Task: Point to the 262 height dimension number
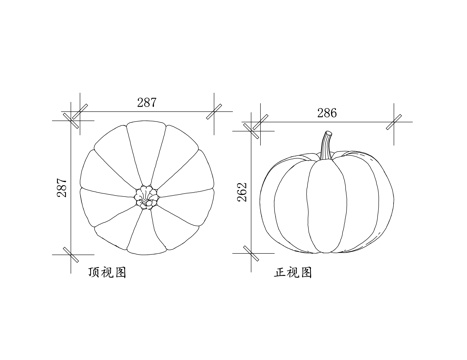[x=243, y=193]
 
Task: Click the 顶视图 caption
[x=107, y=271]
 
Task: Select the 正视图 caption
[x=293, y=271]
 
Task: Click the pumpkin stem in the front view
[x=324, y=146]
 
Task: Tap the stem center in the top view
[x=147, y=196]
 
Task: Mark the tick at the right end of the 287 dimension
[x=212, y=111]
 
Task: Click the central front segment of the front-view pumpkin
[x=324, y=206]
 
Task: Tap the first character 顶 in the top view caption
[x=94, y=271]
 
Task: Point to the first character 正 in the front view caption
[x=281, y=271]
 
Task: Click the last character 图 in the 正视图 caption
[x=306, y=271]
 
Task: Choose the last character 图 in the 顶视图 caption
[x=120, y=271]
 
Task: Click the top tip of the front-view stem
[x=325, y=132]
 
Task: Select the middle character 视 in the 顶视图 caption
[x=107, y=271]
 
